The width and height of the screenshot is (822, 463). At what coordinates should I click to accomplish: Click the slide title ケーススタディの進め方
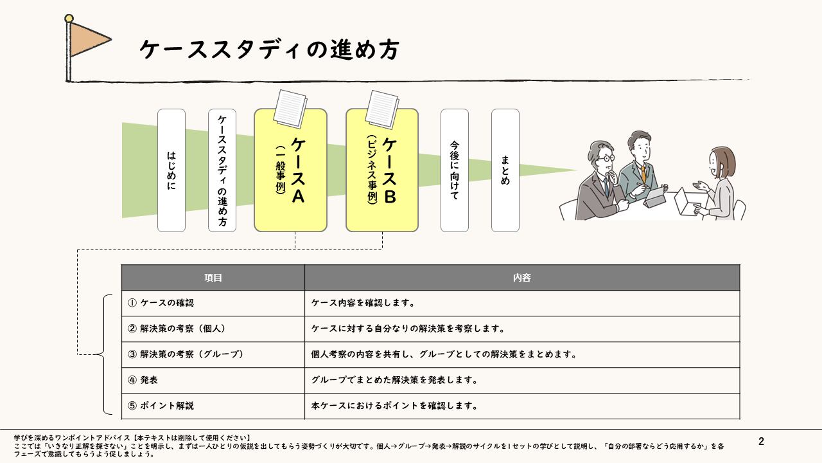[269, 50]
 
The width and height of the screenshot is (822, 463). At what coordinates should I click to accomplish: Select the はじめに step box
[171, 170]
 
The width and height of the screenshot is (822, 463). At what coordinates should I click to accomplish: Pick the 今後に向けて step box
[454, 170]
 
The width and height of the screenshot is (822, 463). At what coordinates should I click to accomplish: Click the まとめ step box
[505, 170]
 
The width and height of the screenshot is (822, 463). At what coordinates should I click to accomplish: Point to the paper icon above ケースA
[290, 108]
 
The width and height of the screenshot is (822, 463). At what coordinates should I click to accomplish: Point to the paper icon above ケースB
[382, 108]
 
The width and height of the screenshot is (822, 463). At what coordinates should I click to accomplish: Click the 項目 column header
[213, 278]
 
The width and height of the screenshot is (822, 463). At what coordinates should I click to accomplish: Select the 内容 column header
[522, 278]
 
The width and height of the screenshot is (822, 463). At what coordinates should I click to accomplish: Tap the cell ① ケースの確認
[213, 303]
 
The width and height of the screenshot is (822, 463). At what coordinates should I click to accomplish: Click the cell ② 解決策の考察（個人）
[213, 329]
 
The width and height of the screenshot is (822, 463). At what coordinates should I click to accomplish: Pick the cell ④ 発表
[213, 380]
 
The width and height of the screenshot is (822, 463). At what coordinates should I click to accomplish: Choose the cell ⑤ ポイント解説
[213, 406]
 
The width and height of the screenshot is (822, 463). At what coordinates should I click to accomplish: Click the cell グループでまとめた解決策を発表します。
[522, 380]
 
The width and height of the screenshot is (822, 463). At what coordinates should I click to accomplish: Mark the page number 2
[761, 442]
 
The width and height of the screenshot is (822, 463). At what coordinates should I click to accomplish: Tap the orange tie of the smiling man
[643, 174]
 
